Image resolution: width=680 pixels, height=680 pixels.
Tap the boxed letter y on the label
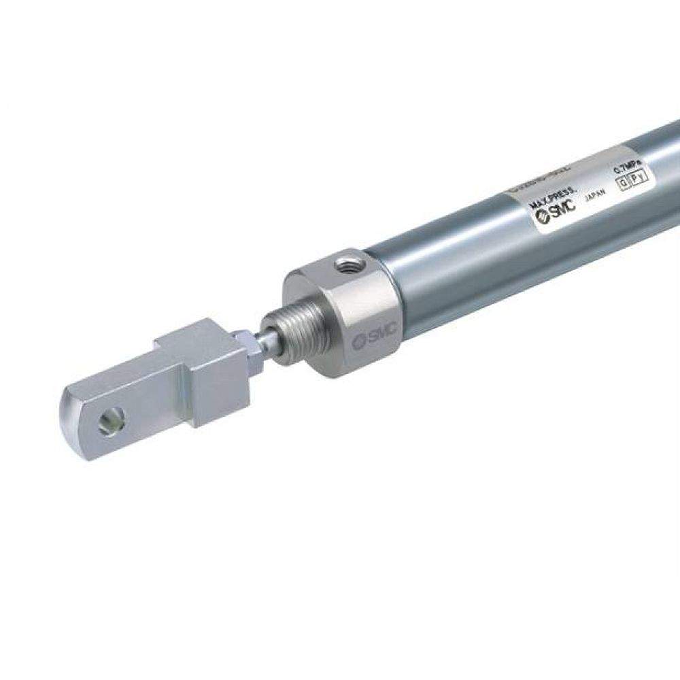[x=643, y=177]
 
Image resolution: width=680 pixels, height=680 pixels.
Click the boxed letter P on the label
[x=632, y=181]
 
